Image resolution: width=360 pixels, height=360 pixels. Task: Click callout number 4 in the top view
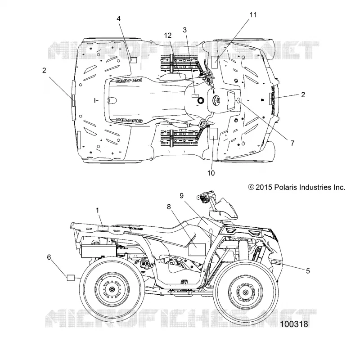coord(118,18)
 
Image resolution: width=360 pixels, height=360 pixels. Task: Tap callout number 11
coord(253,15)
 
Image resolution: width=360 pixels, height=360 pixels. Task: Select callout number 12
coord(168,36)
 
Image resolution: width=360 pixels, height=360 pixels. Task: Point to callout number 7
coord(292,143)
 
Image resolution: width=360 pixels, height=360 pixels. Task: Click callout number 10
coord(211,173)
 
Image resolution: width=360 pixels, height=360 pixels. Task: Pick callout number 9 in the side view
coord(182,196)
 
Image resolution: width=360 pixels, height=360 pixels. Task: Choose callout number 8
coord(169,207)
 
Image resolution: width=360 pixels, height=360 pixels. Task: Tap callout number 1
coord(97,210)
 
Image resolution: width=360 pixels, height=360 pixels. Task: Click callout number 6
coord(49,257)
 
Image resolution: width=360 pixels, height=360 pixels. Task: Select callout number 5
coord(308,271)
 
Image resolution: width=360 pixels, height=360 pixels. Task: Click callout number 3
coord(184,30)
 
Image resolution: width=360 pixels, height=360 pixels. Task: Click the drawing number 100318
coord(294,324)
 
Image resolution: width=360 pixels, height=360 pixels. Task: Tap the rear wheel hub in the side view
coord(112,289)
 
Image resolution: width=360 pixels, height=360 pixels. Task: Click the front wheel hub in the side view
coord(245,292)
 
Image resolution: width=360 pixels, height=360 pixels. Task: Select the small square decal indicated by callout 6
coord(71,277)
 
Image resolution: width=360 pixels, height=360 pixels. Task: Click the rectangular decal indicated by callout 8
coord(197,250)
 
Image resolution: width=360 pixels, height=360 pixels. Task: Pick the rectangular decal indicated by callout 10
coord(214,134)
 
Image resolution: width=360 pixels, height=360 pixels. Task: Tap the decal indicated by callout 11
coord(215,62)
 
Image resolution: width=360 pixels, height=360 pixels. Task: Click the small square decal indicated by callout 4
coord(133,60)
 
